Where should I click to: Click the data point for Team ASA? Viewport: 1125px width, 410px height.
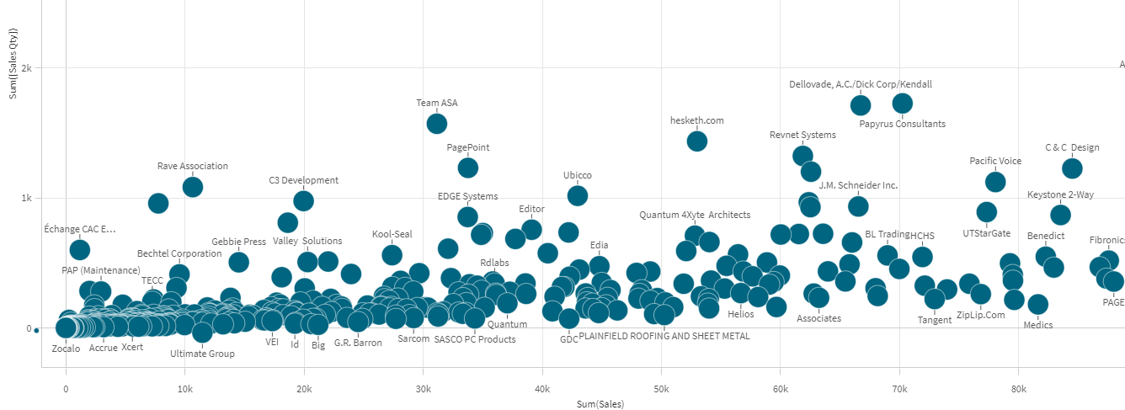point(436,123)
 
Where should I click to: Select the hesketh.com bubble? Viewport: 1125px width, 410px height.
point(696,141)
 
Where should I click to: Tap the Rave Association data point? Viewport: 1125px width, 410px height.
point(192,186)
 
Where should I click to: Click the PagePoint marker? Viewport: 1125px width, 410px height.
point(467,168)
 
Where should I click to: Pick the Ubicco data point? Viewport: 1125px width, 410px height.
point(577,195)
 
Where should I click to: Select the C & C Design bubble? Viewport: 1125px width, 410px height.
point(1071,168)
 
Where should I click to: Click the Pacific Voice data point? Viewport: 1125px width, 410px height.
point(995,181)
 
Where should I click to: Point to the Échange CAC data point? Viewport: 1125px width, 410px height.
point(79,249)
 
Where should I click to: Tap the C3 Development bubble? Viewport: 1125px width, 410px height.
point(303,200)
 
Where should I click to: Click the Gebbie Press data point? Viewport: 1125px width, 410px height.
point(238,262)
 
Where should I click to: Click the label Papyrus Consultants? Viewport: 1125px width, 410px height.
point(902,124)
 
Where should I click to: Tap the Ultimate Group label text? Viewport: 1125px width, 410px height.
point(202,354)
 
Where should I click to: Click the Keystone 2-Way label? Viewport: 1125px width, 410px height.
point(1060,195)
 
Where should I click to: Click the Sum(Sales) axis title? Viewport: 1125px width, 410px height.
point(600,405)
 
